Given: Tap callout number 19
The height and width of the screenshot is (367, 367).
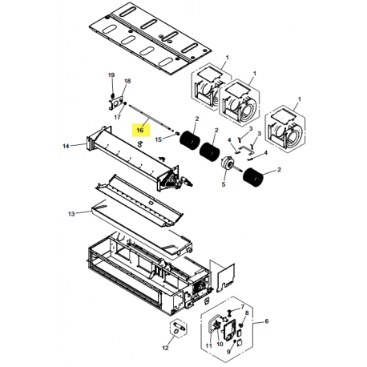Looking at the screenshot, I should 111,75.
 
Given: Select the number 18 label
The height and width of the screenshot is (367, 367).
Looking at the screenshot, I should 127,82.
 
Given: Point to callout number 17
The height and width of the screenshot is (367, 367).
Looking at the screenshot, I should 117,117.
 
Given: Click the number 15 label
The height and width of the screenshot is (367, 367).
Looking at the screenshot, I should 159,139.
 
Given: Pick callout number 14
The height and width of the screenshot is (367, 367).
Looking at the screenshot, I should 65,146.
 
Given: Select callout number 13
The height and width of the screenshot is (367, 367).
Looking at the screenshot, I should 71,213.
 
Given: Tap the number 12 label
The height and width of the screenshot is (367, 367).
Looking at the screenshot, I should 166,349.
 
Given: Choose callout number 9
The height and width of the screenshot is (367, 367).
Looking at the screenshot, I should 228,351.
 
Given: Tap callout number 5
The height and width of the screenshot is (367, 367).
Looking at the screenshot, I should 224,184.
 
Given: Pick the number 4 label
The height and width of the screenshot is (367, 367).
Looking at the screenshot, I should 231,142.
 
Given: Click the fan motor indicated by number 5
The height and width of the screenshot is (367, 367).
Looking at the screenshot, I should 228,164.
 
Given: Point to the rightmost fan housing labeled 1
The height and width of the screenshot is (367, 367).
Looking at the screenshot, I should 289,128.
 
